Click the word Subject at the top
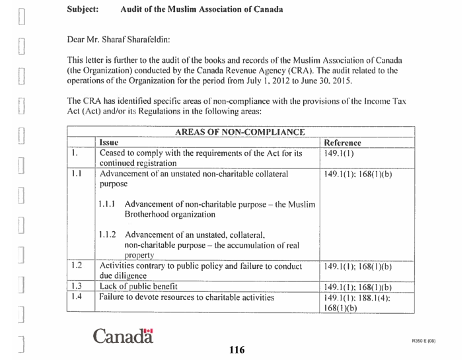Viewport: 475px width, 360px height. (83, 10)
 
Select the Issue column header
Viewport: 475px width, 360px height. (108, 142)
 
